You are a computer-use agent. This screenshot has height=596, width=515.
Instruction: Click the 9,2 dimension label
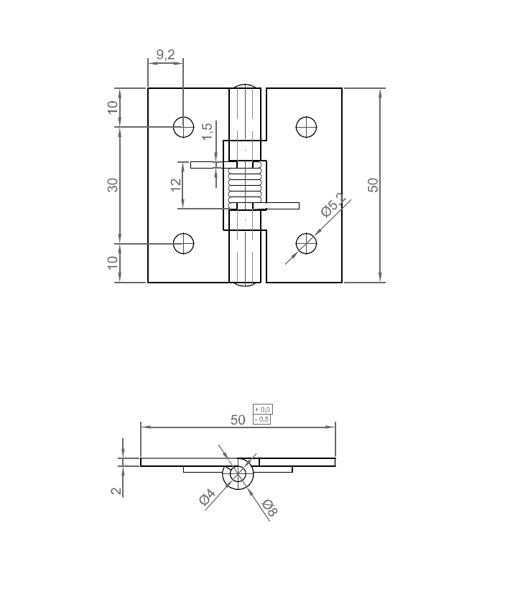tap(165, 55)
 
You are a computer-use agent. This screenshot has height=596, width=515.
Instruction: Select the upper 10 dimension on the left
tap(113, 108)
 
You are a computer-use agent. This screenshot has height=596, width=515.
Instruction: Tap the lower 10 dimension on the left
tap(113, 262)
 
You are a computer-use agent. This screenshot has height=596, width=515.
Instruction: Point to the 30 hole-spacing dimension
tap(113, 185)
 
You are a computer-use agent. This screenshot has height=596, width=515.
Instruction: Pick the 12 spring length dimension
tap(176, 185)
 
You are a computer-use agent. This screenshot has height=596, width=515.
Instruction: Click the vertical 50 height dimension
tap(373, 185)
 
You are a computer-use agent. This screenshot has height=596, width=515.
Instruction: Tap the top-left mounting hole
tap(184, 127)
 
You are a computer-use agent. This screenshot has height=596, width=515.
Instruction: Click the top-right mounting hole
tap(307, 126)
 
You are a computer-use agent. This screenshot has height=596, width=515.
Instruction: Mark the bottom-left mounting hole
tap(184, 244)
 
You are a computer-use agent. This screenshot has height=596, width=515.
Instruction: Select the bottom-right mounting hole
tap(307, 243)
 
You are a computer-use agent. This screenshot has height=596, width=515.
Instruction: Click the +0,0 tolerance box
tap(262, 409)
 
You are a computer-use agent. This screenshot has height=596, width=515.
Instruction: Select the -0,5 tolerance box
tap(262, 419)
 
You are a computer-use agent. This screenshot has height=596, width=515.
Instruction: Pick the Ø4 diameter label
tap(207, 497)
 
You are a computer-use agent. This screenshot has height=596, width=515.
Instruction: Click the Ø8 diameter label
tap(269, 507)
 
